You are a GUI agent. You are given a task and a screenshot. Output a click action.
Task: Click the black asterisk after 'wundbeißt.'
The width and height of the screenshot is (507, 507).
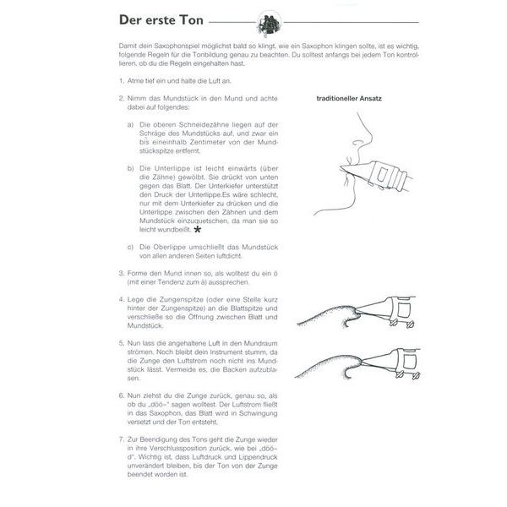click(x=198, y=228)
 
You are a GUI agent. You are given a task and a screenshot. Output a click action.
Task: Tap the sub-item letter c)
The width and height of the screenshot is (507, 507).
click(x=131, y=246)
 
